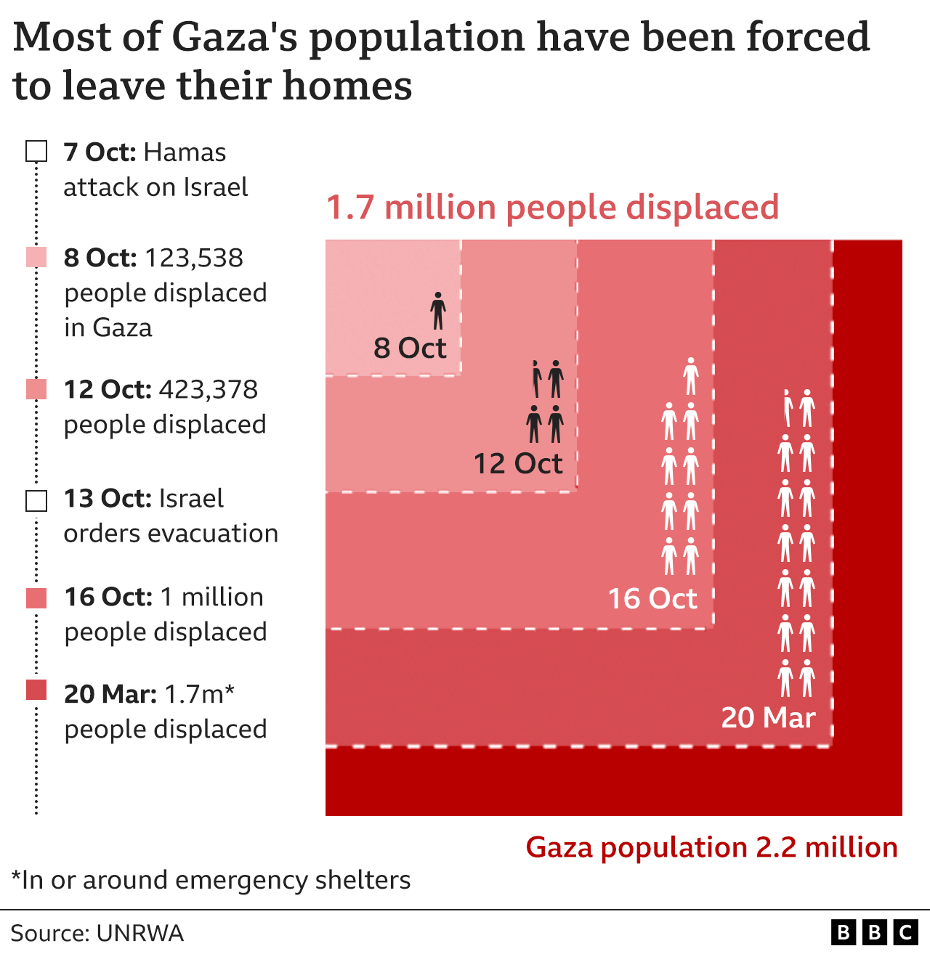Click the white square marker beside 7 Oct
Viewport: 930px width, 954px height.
36,152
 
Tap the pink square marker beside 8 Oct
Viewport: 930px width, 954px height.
36,257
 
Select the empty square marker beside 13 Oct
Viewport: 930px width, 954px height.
36,501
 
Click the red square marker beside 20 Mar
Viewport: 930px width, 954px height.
36,690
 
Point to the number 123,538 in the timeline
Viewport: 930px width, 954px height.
194,258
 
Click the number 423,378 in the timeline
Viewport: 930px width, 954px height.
209,390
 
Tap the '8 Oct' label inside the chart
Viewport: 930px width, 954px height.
409,348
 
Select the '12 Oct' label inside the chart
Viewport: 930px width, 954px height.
517,464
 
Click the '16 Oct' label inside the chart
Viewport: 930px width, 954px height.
652,599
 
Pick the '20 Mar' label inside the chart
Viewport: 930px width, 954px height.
768,717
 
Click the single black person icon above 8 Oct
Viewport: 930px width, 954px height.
438,311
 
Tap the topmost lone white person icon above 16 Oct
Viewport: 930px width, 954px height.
691,376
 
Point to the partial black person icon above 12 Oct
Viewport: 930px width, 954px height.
536,379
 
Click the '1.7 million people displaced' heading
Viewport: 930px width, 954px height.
552,208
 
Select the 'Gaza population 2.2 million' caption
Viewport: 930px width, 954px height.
711,847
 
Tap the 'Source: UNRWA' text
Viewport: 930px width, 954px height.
97,933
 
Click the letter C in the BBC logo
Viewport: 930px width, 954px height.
906,933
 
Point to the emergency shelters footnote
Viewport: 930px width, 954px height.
211,880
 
